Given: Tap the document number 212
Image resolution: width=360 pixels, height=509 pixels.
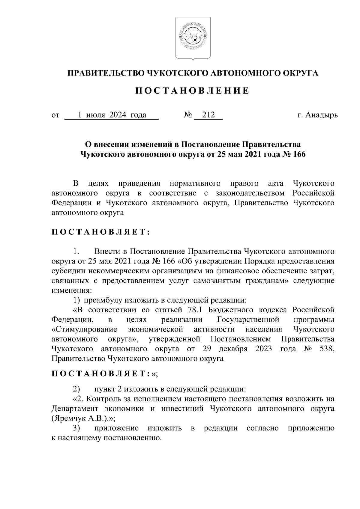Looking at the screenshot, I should coord(208,115).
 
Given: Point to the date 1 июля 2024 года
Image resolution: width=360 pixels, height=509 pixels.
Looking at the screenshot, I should coord(112,115).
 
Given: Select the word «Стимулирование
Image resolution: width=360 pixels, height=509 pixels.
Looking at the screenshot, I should coord(84,329).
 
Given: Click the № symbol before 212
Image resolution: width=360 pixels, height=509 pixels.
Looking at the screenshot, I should coord(188,115).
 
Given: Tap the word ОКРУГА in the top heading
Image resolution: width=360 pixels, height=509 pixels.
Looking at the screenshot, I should coord(300,73).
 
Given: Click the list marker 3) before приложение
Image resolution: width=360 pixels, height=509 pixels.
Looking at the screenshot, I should coord(76,428).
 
